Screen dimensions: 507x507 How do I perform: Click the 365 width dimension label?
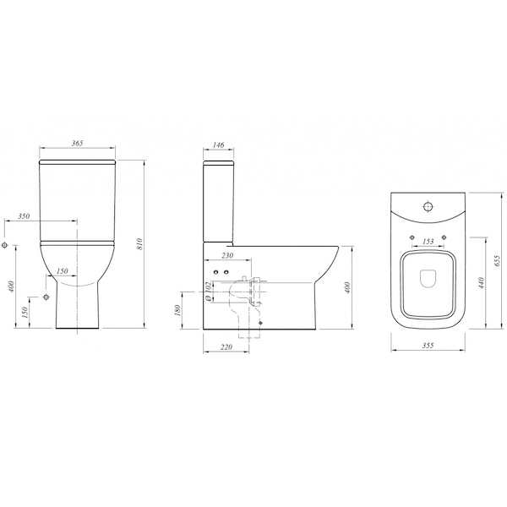click(77, 143)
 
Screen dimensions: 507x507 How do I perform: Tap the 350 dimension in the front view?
click(24, 216)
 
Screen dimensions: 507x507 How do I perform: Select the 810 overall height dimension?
click(139, 244)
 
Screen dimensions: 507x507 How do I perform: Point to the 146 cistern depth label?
click(219, 144)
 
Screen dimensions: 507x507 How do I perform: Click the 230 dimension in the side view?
click(227, 255)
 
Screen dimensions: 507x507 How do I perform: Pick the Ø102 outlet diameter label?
click(209, 292)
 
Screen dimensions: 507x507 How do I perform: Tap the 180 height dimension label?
click(177, 310)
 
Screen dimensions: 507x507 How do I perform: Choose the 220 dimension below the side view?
click(226, 347)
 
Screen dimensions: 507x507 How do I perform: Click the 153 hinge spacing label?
click(428, 242)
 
